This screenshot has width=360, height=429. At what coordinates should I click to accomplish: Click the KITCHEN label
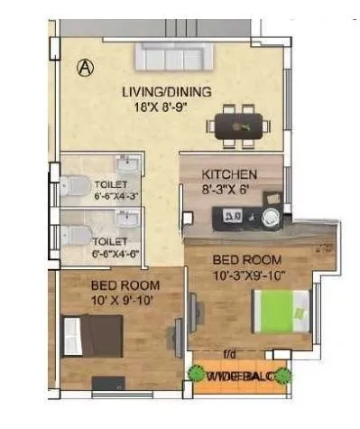pos(229,173)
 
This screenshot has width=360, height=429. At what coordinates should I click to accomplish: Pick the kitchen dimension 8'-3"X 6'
pos(228,190)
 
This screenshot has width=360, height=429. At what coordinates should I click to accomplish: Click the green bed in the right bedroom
pos(283,311)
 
